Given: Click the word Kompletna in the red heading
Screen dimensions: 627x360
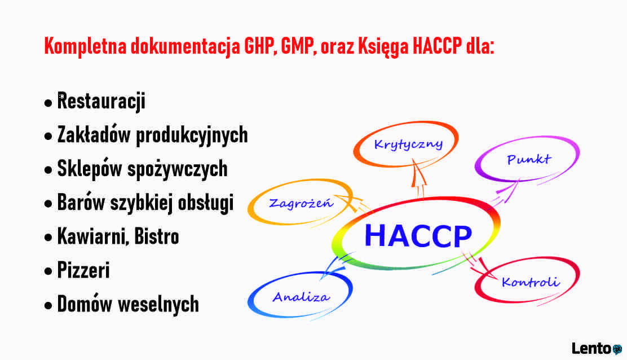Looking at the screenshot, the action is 85,46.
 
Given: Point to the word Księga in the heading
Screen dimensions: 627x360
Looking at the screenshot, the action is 383,46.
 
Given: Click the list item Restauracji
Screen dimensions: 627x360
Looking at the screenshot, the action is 101,101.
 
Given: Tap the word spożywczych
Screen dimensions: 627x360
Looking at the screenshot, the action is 177,169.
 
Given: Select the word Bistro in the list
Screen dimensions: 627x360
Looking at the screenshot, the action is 156,236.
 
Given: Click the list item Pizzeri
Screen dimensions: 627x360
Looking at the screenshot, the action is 83,270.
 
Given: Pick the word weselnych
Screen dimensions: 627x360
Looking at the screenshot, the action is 158,304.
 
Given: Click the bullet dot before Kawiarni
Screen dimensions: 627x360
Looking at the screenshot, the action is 48,238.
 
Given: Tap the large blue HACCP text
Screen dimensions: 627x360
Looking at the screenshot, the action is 418,236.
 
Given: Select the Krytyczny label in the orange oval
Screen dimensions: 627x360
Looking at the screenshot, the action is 408,144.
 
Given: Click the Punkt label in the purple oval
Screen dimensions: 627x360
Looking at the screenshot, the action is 529,159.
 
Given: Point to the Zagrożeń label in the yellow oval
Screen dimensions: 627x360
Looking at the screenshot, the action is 301,203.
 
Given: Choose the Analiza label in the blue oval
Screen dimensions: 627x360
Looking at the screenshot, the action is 301,297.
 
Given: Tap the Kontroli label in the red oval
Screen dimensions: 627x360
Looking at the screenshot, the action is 530,282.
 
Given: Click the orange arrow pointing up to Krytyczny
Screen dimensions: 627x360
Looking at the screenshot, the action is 418,178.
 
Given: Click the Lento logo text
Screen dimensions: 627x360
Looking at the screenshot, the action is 591,348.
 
